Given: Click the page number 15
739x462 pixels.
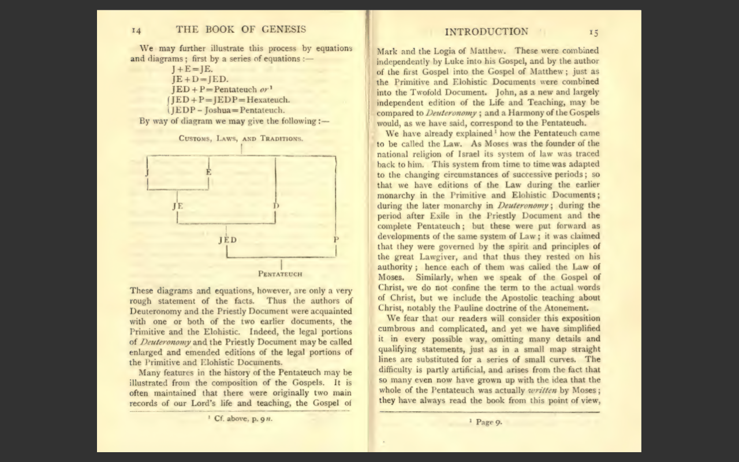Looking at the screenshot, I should [593, 32].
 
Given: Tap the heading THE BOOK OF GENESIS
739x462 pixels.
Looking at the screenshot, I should [241, 29].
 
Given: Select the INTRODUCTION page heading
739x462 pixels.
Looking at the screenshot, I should [486, 32].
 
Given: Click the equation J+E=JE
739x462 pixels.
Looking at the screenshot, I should [192, 69].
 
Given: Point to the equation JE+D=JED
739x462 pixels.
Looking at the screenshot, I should [200, 79].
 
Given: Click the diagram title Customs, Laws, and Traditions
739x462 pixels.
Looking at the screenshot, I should [241, 139].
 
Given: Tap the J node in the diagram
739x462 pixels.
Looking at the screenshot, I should [148, 172].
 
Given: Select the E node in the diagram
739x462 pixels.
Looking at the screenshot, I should [208, 172].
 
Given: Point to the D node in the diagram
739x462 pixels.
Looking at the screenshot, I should [276, 206].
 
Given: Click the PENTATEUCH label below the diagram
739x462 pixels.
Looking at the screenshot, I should [280, 274].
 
